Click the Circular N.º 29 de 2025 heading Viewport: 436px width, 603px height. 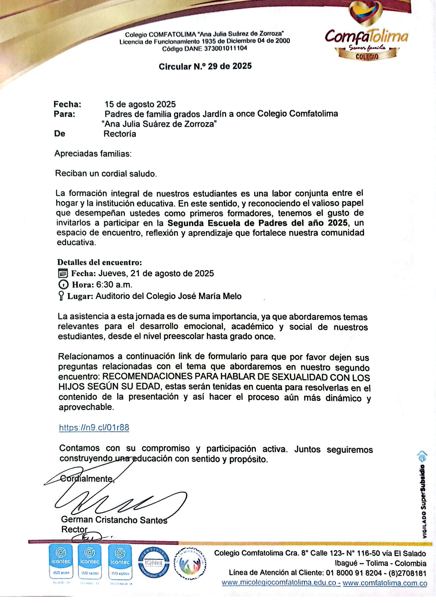pyautogui.click(x=205, y=66)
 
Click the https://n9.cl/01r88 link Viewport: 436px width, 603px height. pyautogui.click(x=94, y=428)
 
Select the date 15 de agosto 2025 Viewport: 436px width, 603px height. pyautogui.click(x=140, y=104)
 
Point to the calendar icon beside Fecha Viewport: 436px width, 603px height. pyautogui.click(x=63, y=273)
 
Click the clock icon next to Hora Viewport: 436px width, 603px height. pyautogui.click(x=63, y=285)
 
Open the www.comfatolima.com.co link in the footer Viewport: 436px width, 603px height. pyautogui.click(x=385, y=583)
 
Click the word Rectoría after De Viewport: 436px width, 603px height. pyautogui.click(x=120, y=134)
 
